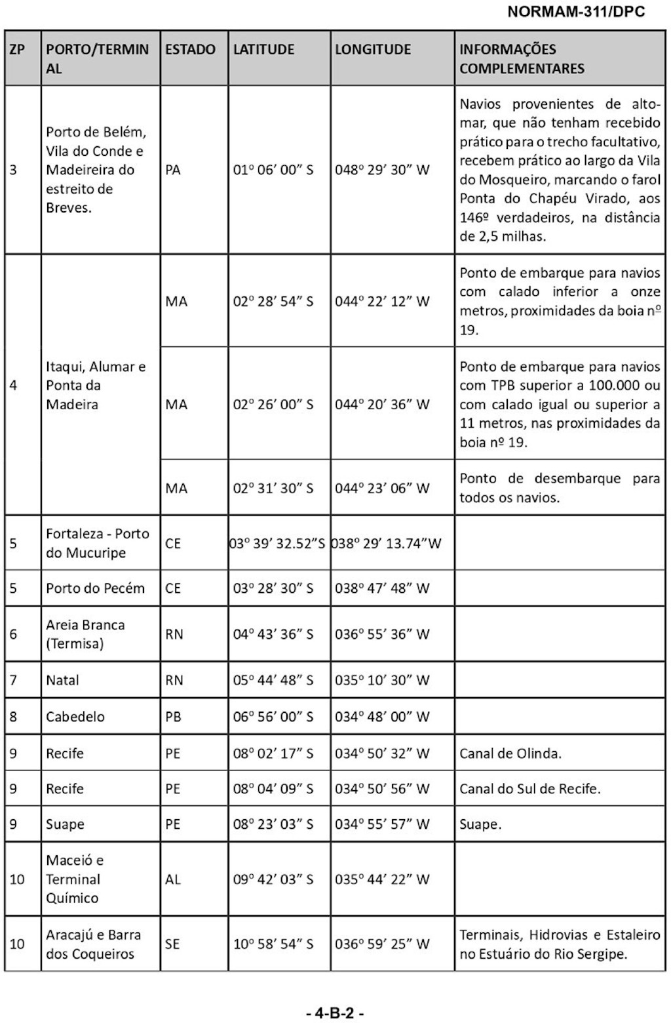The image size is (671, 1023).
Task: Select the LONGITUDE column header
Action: tap(373, 49)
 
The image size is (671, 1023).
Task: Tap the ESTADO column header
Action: tap(190, 49)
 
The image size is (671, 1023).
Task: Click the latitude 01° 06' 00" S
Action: tap(273, 170)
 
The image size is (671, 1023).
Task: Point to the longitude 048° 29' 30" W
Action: tap(382, 170)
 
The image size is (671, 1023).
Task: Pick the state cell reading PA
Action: tap(173, 170)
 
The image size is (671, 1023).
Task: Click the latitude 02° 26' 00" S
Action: tap(273, 405)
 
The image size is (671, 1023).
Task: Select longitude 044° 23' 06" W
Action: tap(382, 489)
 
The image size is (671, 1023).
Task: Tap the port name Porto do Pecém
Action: tap(95, 588)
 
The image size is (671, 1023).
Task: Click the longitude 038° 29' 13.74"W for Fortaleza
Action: tap(387, 544)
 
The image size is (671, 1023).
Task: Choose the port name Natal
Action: tap(62, 680)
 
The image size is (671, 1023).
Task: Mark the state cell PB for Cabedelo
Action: tap(173, 717)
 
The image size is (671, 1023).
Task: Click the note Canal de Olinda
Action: tap(510, 753)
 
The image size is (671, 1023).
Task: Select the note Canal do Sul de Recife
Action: tap(529, 789)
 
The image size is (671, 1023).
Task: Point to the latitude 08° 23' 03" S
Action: tap(273, 824)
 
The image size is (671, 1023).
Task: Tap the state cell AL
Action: tap(173, 879)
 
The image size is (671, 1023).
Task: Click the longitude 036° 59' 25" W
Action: tap(382, 944)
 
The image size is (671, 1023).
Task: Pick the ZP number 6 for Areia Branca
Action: tap(14, 634)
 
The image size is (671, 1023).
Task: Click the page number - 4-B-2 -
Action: tap(335, 1013)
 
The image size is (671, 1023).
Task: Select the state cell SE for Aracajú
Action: tap(173, 944)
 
